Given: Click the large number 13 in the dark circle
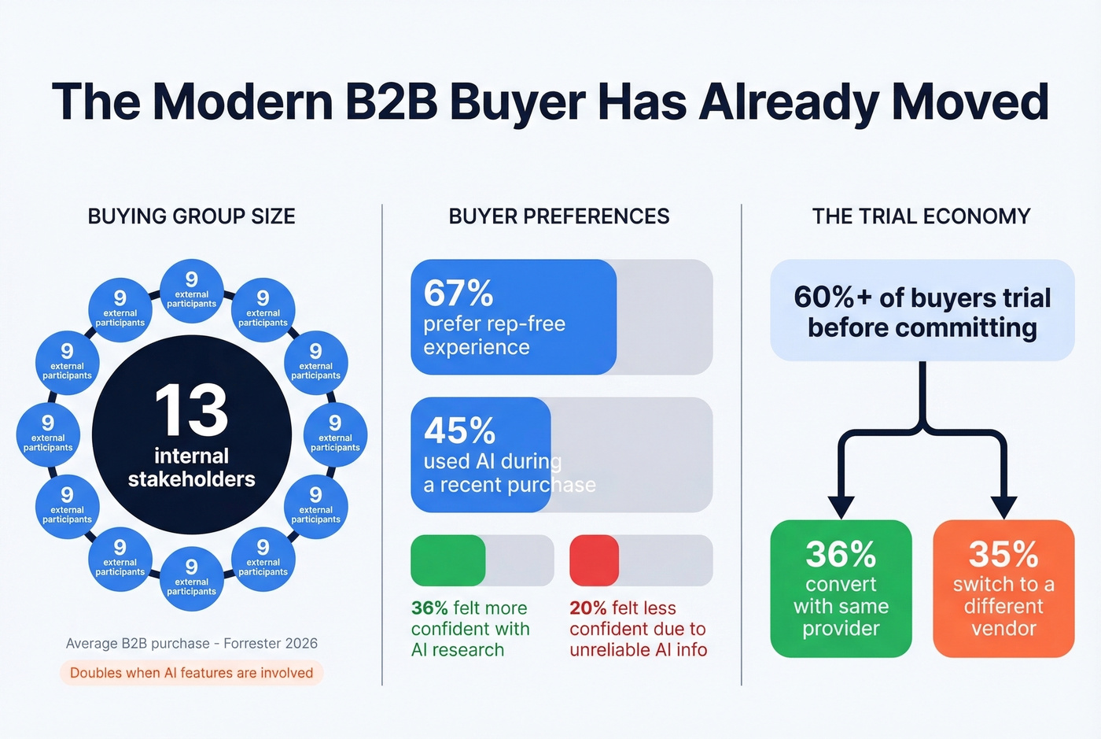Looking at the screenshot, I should pos(191,410).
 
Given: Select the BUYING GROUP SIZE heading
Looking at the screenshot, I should pos(191,216).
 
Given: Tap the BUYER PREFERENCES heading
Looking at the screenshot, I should pos(559,216).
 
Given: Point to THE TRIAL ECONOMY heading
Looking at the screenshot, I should pos(921,216).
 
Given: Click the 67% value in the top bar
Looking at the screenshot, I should pos(458,294).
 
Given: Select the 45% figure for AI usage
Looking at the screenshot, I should pos(459,431).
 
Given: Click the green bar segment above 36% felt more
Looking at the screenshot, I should pos(447,560).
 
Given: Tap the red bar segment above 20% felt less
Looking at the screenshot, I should pos(594,560).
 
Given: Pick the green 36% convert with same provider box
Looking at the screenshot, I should pos(841,588).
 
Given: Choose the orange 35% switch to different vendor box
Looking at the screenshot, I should pos(1003,588).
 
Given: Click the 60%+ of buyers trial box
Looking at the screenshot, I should pos(922,311).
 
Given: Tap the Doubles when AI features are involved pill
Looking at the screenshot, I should pos(191,673).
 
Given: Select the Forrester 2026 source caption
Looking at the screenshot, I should pos(191,644).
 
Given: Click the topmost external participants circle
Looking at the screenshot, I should pos(191,290).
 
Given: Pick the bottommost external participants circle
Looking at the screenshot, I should pos(191,578).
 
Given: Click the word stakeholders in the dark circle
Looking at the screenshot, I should pos(191,479).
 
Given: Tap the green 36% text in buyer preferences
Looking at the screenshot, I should pos(429,608).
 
